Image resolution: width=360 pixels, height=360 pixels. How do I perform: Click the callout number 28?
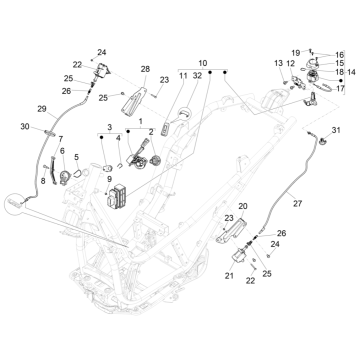[x=145, y=69]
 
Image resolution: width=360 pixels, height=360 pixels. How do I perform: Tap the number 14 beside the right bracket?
[x=351, y=72]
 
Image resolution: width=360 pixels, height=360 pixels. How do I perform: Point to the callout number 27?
[x=297, y=203]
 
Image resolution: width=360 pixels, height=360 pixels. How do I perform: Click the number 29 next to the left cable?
[x=42, y=109]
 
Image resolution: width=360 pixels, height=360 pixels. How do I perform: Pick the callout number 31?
[x=336, y=130]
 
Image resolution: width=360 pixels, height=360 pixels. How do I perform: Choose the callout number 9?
[x=109, y=179]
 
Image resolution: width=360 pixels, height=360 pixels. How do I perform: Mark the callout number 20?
[x=243, y=207]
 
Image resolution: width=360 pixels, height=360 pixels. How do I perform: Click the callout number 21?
[x=229, y=276]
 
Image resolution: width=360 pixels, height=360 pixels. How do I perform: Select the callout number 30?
[x=25, y=127]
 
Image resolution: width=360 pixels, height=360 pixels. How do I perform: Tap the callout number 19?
[x=296, y=53]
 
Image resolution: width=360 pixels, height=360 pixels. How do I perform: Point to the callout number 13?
[x=278, y=63]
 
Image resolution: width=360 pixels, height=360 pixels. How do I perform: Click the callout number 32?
[x=197, y=76]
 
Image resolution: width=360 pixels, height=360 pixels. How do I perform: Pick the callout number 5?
[x=77, y=157]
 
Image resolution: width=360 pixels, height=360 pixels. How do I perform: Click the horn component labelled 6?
[x=64, y=177]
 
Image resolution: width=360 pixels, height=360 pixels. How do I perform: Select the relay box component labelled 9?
[x=116, y=196]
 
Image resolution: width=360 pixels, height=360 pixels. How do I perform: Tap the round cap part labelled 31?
[x=323, y=142]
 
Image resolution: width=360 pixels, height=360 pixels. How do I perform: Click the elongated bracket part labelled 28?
[x=134, y=102]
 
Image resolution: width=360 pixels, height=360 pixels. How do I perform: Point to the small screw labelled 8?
[x=45, y=167]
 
